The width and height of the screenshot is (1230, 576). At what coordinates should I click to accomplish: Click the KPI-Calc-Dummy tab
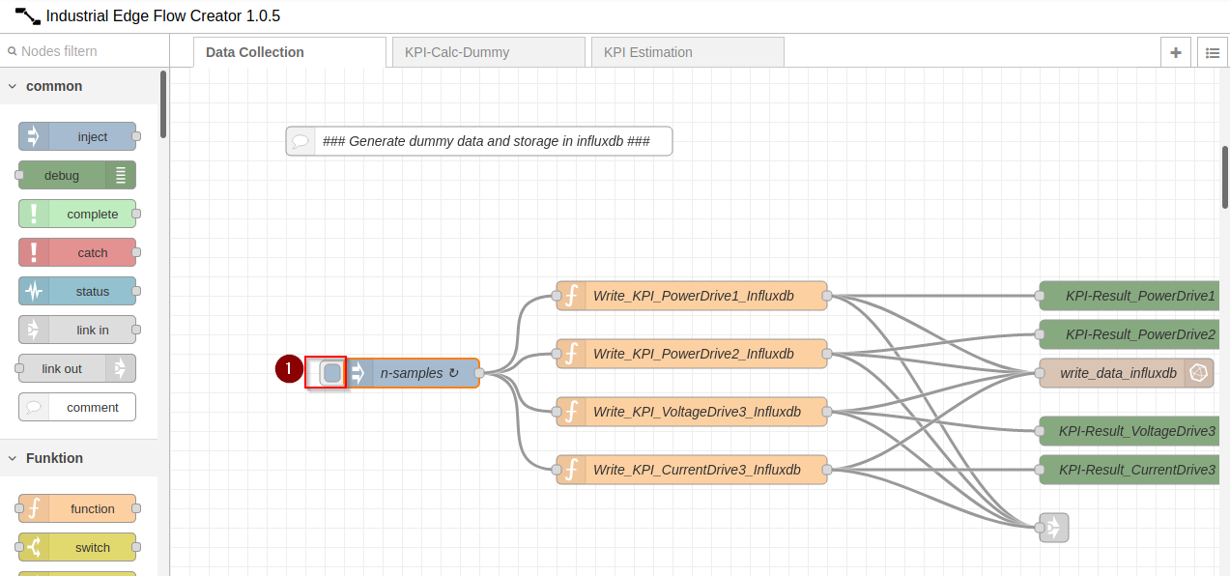point(488,52)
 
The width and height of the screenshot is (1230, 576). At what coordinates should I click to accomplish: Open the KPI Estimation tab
point(687,52)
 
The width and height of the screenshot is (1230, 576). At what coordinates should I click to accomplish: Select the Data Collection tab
point(289,52)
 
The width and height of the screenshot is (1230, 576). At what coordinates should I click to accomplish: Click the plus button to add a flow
point(1176,52)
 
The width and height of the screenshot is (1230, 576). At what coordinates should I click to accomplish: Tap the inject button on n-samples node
point(331,373)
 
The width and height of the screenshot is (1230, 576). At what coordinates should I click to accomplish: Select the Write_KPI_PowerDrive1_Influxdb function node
point(692,296)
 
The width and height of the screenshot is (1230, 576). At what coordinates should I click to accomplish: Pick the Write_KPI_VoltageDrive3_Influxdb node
point(692,412)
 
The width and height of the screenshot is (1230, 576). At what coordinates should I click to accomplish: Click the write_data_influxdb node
point(1119,373)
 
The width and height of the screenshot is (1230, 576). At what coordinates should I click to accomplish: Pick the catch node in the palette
point(77,252)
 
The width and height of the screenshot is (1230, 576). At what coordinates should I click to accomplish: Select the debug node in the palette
point(77,175)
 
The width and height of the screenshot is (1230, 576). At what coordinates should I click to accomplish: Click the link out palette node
point(77,368)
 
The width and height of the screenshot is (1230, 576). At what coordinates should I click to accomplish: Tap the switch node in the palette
point(77,547)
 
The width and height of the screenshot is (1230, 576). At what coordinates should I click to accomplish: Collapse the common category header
point(54,86)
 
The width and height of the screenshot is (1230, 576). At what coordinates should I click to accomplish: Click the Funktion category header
point(54,458)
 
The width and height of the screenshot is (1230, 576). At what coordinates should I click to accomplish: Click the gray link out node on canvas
point(1054,528)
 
